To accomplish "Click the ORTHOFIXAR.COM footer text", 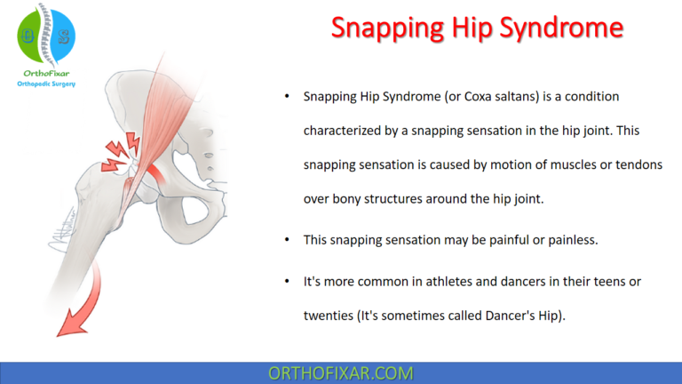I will tap(340, 372).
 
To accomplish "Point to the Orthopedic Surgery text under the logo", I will tap(47, 84).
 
